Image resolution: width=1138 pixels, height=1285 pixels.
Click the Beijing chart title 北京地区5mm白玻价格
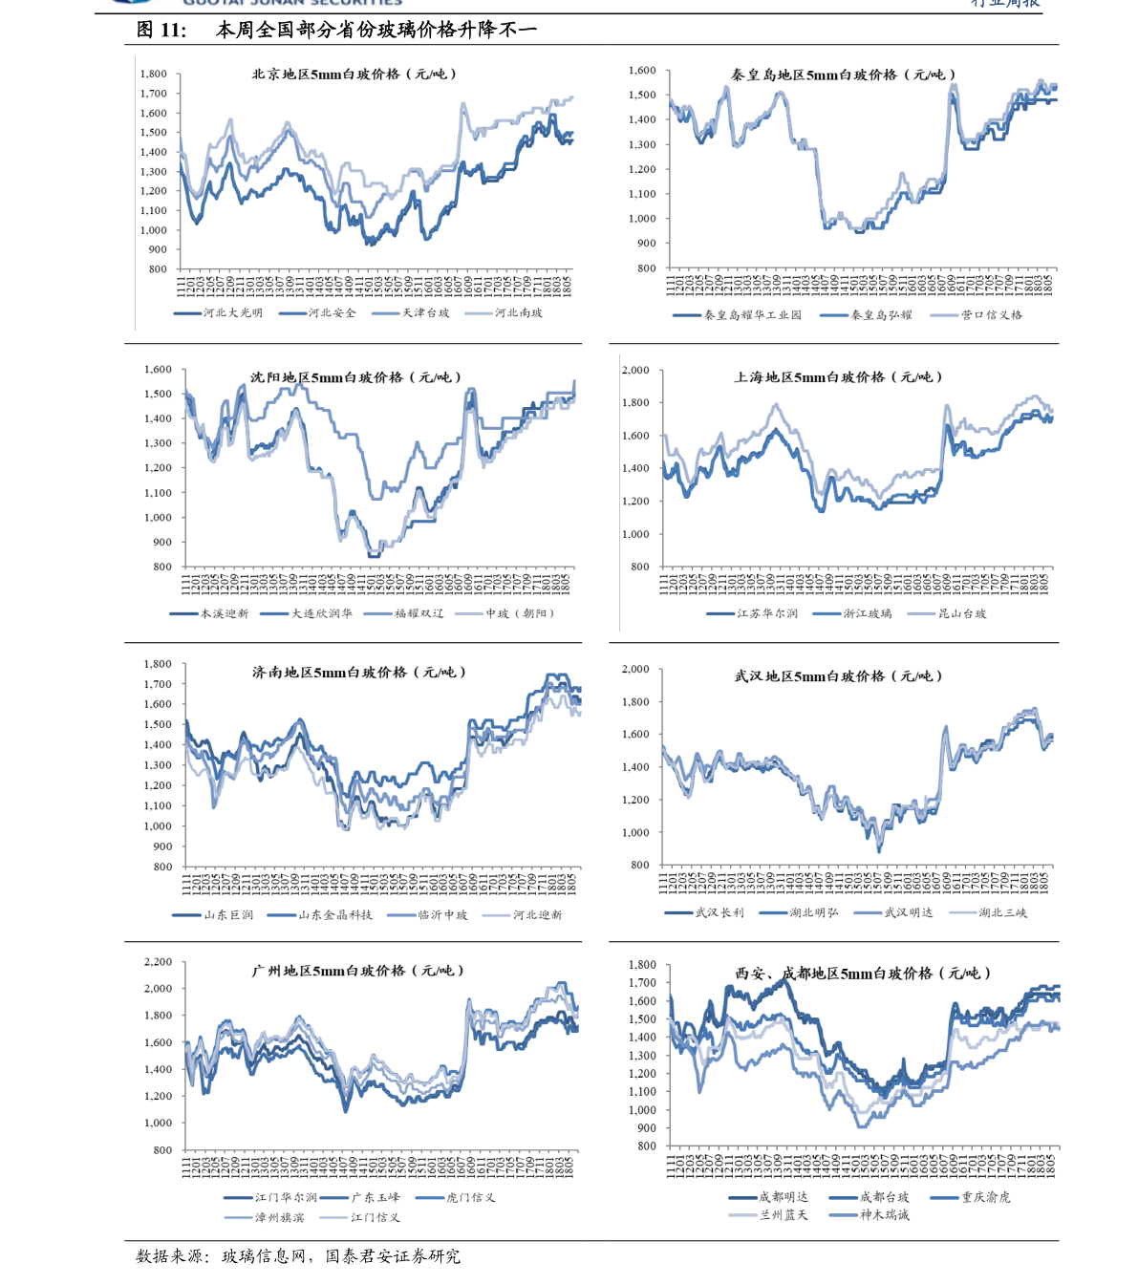(x=354, y=74)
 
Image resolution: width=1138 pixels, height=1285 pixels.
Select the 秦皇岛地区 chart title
(x=843, y=75)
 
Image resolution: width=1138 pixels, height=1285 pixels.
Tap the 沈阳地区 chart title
(x=355, y=377)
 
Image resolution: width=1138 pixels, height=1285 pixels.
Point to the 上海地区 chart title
(x=838, y=377)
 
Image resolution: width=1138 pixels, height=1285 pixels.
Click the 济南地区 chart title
(x=358, y=673)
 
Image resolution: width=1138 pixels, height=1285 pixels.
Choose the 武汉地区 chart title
(x=838, y=676)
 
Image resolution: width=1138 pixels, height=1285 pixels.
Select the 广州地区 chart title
(x=357, y=971)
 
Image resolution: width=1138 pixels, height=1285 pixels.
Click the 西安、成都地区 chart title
(x=863, y=974)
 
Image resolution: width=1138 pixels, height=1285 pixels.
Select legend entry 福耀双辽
(x=419, y=613)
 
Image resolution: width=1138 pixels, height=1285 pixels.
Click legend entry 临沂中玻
(x=442, y=915)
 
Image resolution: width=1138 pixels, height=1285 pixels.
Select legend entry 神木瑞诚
(x=884, y=1215)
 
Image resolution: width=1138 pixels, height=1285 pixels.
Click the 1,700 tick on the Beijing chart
(x=153, y=94)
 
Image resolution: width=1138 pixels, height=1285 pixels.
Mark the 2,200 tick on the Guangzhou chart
(x=158, y=962)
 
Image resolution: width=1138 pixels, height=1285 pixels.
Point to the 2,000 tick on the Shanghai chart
(x=635, y=370)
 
